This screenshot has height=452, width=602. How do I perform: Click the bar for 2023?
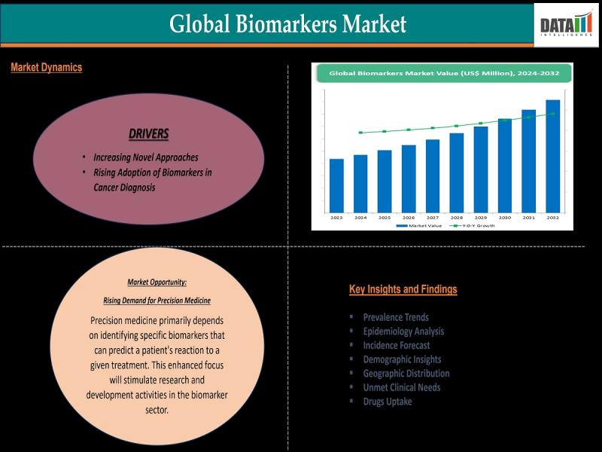[336, 185]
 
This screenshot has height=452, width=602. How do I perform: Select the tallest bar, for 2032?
[552, 156]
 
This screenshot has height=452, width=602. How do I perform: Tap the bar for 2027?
[433, 176]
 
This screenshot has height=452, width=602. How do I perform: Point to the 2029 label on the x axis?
[481, 217]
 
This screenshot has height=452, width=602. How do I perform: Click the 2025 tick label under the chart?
[385, 217]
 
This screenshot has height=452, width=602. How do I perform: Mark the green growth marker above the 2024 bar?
[360, 133]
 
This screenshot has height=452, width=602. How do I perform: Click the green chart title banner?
[442, 73]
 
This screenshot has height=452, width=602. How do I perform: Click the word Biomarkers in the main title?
[288, 24]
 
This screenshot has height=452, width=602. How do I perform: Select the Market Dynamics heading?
[47, 68]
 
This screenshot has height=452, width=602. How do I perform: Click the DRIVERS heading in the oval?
[148, 134]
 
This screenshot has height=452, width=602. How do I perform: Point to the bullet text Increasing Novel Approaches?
[146, 157]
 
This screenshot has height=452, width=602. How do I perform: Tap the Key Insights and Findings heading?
[403, 289]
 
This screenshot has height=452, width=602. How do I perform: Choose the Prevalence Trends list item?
[396, 317]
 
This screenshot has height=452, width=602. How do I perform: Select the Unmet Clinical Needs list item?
[402, 387]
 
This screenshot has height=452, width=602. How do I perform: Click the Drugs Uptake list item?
[388, 402]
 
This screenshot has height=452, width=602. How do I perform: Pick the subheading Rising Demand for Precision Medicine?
[157, 301]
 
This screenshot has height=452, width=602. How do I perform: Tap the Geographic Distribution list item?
[406, 374]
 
